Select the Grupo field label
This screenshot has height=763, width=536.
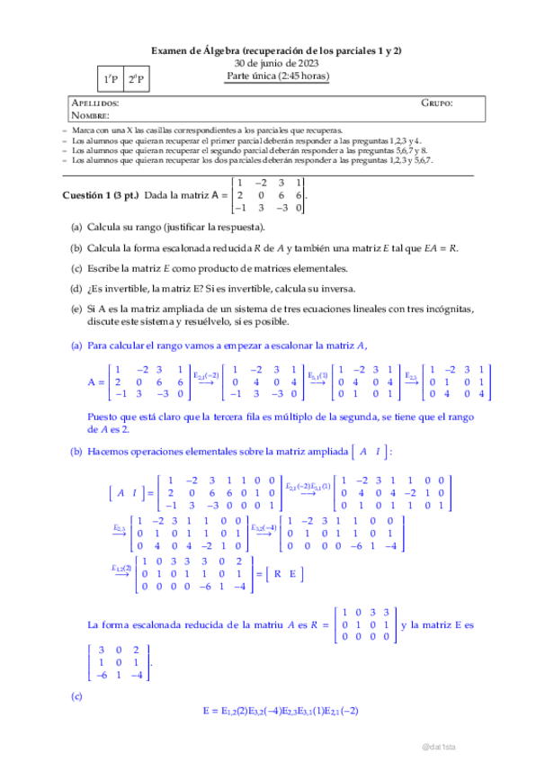coord(437,104)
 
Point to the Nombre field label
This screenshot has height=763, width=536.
coord(90,115)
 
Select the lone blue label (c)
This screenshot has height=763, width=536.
coord(76,696)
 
